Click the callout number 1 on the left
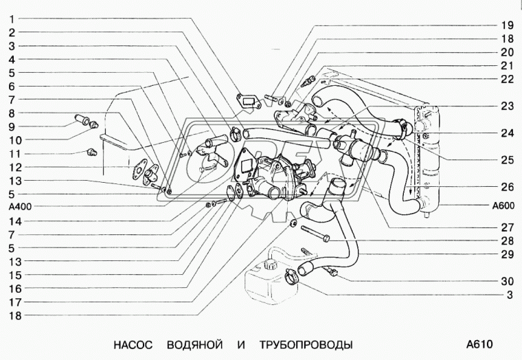(12, 19)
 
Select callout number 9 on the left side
(12, 127)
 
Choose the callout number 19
(507, 25)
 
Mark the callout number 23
(507, 106)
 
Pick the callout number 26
(507, 185)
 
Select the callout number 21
(507, 65)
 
